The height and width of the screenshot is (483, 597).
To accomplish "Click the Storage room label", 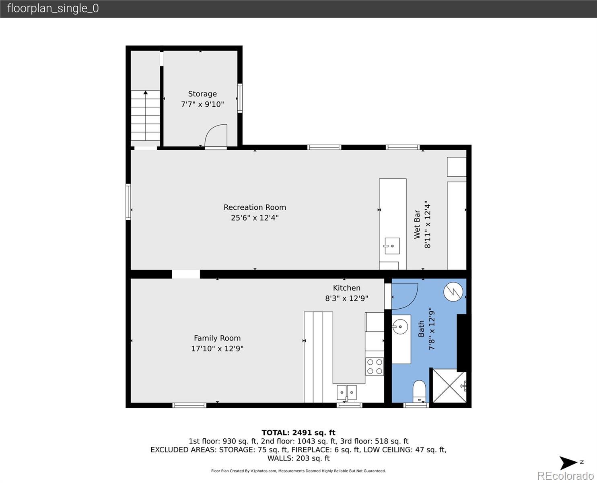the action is pyautogui.click(x=202, y=94).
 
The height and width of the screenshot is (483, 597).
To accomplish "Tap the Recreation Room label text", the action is pyautogui.click(x=255, y=207).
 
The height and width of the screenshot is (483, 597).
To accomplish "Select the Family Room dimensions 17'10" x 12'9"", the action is pyautogui.click(x=217, y=349).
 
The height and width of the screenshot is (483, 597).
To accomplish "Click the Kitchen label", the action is pyautogui.click(x=347, y=288).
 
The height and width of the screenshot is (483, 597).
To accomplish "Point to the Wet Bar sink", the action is pyautogui.click(x=392, y=246).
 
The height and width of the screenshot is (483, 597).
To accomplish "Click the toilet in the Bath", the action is pyautogui.click(x=419, y=391).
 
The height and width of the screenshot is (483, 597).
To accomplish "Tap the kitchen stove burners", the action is pyautogui.click(x=375, y=366).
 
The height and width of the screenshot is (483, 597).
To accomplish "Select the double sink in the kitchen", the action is pyautogui.click(x=347, y=392).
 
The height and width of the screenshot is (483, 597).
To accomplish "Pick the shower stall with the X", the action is pyautogui.click(x=450, y=386).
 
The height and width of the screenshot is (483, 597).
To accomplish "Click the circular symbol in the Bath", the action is pyautogui.click(x=453, y=292).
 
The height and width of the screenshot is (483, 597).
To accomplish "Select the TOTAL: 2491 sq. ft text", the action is pyautogui.click(x=298, y=433).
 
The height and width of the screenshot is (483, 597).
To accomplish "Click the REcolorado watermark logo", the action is pyautogui.click(x=565, y=476).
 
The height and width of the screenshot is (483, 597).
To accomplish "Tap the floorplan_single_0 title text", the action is pyautogui.click(x=53, y=8).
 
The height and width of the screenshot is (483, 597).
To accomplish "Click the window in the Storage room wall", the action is pyautogui.click(x=240, y=98).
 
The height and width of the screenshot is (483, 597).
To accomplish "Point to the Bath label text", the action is pyautogui.click(x=421, y=329).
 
